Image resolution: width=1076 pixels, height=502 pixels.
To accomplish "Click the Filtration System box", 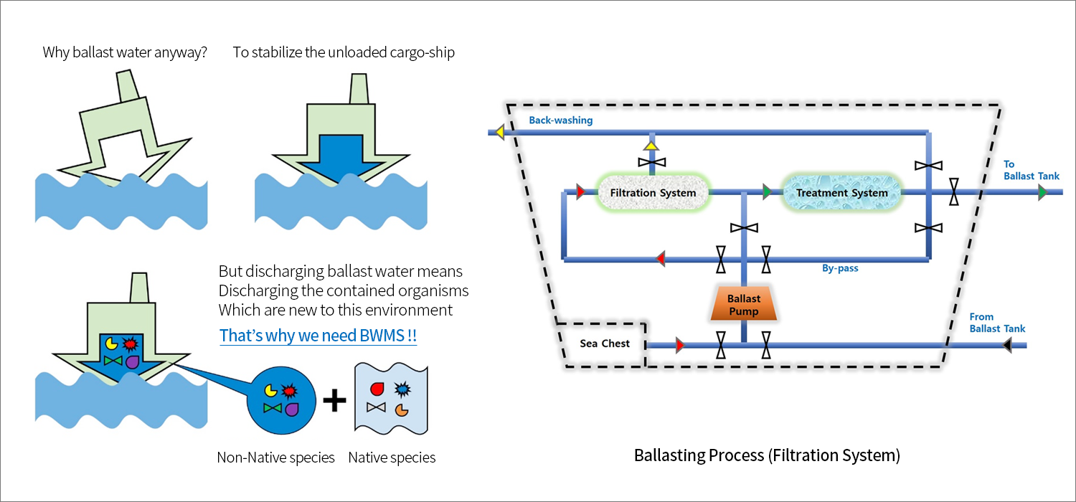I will tap(653, 193).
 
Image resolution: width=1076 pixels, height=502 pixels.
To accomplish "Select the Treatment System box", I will tap(841, 193).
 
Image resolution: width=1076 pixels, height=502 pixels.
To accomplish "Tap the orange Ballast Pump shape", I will tap(744, 304).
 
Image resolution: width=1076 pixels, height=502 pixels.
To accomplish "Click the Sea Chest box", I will tap(605, 344).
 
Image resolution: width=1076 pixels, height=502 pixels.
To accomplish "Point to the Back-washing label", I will tap(560, 120).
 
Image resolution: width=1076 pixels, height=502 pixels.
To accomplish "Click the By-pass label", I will tap(840, 269).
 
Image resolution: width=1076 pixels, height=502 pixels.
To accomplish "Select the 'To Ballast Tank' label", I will tap(1031, 170).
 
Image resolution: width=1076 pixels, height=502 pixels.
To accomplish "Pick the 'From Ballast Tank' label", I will tap(997, 323).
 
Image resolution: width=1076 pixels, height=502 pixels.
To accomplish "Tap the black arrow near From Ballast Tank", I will tap(1008, 346).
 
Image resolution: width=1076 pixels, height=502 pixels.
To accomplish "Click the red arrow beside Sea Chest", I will tap(680, 346).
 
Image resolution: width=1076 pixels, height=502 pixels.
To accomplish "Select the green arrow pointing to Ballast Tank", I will tap(1042, 192).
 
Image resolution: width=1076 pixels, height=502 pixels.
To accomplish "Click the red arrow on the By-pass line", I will tap(661, 258).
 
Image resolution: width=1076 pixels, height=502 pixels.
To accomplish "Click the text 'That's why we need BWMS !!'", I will tap(318, 336).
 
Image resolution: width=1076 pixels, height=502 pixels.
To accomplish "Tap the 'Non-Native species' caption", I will tap(275, 458).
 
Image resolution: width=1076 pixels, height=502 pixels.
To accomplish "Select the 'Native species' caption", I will tap(392, 458).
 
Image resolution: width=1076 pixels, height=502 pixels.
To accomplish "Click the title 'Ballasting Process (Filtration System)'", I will tap(767, 455).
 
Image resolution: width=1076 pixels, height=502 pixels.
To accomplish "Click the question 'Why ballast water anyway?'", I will tap(125, 52).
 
